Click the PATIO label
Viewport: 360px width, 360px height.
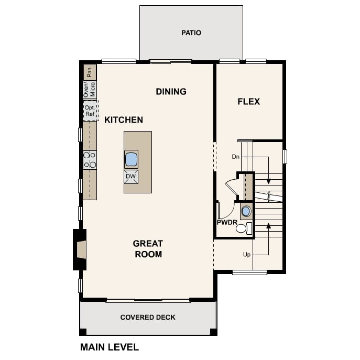191,33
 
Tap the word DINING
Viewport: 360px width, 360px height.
171,92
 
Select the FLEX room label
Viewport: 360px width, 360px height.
249,102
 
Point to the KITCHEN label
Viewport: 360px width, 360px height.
124,120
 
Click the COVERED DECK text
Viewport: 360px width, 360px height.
148,318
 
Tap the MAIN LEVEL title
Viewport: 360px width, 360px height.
110,347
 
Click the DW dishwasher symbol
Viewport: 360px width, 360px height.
131,177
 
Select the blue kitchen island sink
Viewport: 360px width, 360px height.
131,159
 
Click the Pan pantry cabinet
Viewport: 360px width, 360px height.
90,72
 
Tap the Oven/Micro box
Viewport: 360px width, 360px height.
90,90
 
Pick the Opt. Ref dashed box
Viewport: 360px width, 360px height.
91,111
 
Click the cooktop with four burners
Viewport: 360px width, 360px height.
90,160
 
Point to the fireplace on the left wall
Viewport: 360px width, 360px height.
80,249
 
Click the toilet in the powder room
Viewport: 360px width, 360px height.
244,228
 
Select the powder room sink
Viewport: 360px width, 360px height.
246,211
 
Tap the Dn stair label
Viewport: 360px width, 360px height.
236,157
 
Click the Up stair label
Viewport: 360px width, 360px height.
247,255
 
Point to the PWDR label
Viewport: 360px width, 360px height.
227,222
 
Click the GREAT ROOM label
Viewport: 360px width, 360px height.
148,249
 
